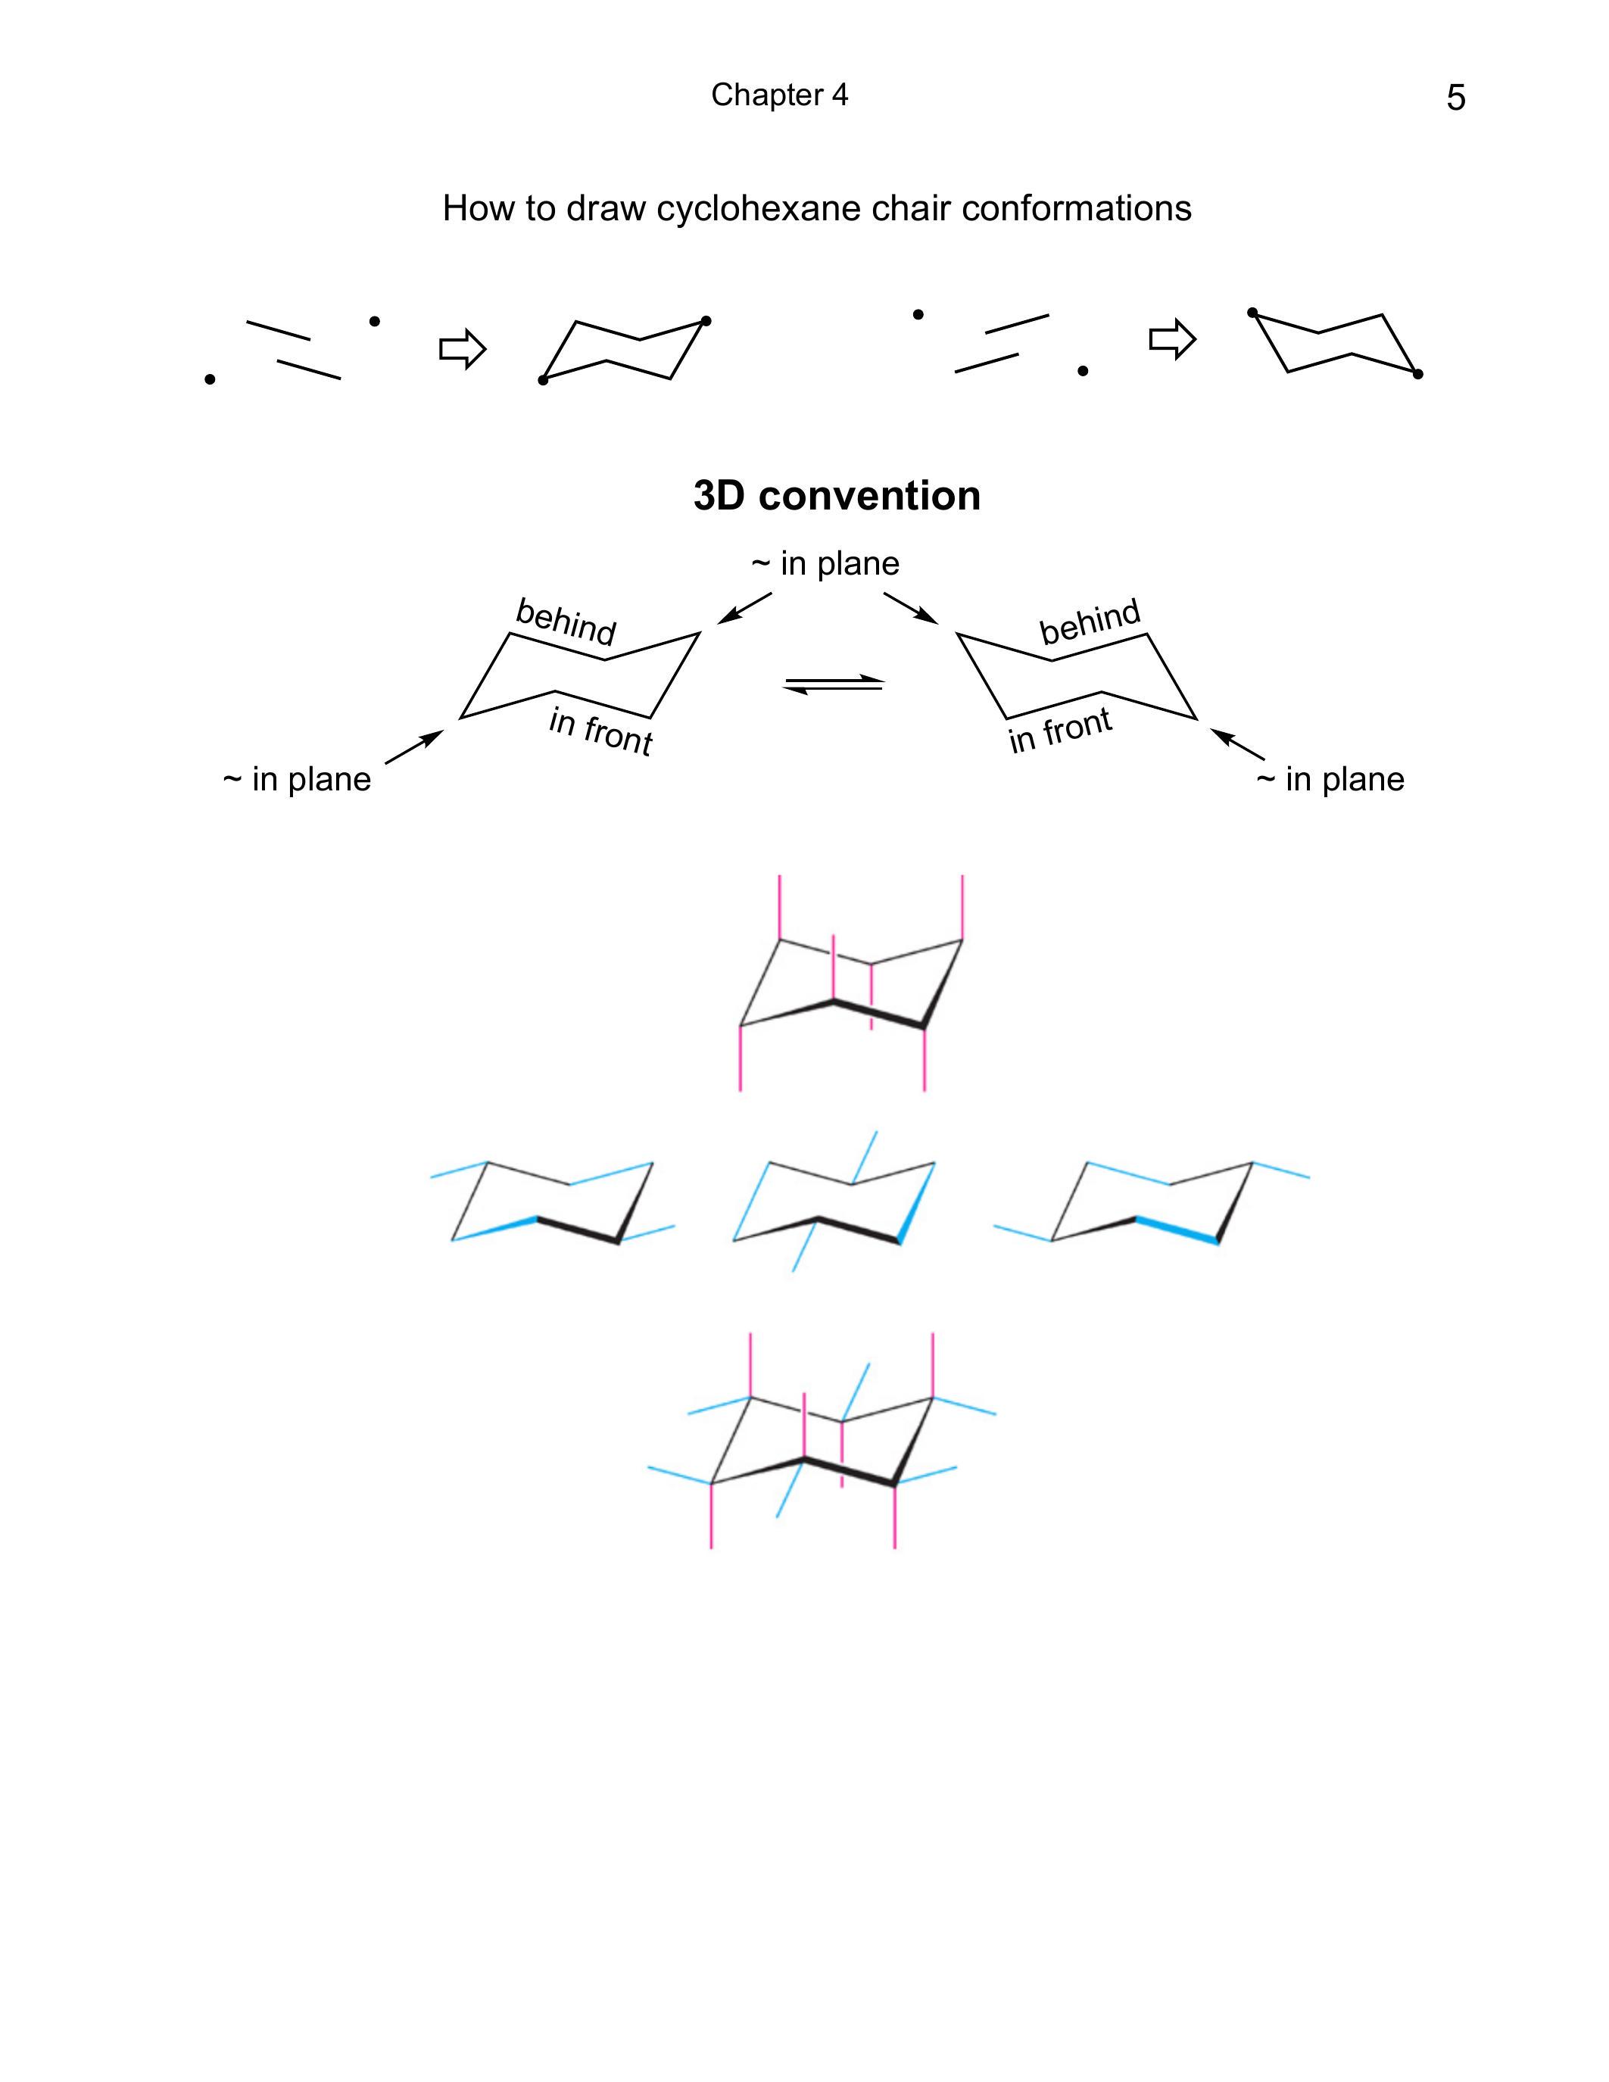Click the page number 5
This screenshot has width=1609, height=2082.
1455,97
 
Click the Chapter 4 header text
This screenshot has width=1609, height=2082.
779,95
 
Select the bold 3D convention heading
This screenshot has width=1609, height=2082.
837,496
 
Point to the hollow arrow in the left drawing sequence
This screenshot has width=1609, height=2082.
463,349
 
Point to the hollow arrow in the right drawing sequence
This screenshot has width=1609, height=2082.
1172,338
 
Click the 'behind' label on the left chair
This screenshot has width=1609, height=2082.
566,622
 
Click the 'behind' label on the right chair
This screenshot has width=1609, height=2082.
1090,622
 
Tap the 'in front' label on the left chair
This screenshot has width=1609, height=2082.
600,732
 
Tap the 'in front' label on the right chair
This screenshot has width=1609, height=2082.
1061,731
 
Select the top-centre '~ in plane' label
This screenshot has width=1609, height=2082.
825,563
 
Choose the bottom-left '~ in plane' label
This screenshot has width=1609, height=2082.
297,780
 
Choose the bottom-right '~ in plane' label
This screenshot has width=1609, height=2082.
1330,780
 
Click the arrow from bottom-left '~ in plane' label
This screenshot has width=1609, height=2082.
413,746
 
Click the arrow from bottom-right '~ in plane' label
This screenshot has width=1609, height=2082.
1237,743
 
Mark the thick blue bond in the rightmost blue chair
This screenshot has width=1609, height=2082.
1176,1230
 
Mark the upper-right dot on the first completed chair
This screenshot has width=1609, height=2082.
706,321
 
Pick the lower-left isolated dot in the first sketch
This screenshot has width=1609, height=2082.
210,379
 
